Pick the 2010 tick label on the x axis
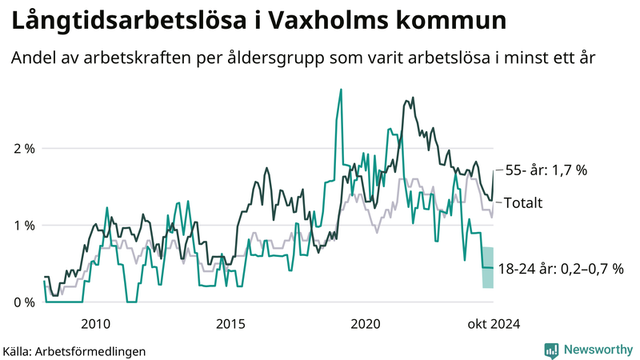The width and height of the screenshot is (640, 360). (x=96, y=324)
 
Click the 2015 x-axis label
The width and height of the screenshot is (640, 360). (x=230, y=324)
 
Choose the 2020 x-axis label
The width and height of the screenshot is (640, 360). (x=366, y=324)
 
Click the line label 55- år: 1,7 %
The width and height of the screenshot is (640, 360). (x=547, y=170)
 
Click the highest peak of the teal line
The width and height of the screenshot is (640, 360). (x=341, y=90)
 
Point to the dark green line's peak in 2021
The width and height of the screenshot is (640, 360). (x=413, y=98)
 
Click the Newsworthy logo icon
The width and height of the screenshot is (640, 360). (x=551, y=350)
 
